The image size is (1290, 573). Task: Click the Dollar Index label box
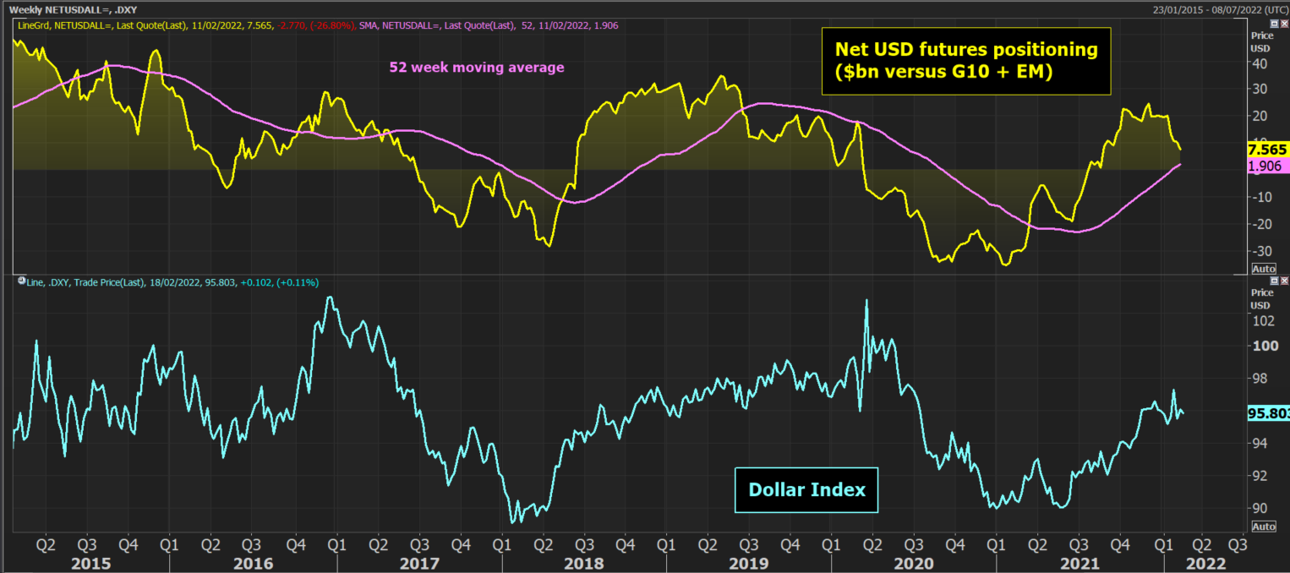pos(806,489)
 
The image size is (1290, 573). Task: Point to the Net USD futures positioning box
pos(966,61)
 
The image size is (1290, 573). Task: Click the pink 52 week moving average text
pos(476,68)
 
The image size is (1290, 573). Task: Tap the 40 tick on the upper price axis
pos(1259,63)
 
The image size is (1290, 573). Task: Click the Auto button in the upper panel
pos(1263,269)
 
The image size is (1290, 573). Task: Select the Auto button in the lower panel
pos(1263,527)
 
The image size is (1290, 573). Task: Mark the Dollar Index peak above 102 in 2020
pos(866,300)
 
